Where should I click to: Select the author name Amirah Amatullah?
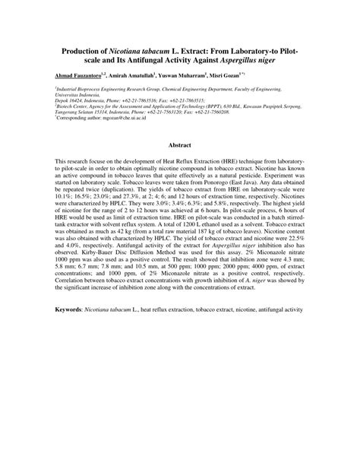pos(132,76)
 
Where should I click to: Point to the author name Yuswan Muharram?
pos(186,76)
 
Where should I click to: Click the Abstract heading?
pos(180,144)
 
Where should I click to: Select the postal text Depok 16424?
pos(70,100)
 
